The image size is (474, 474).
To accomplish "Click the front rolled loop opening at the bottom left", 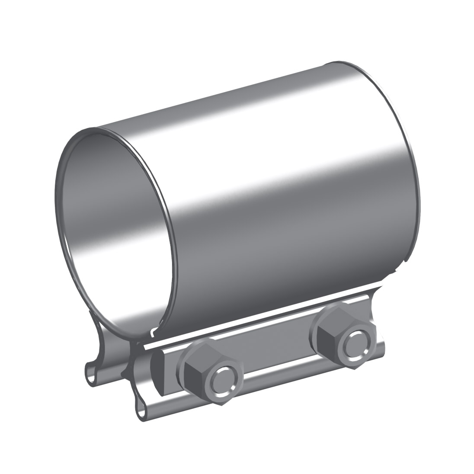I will click(x=141, y=410).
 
